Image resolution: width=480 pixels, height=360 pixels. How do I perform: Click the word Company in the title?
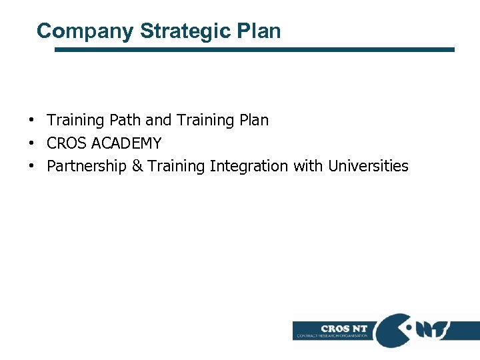[x=85, y=31]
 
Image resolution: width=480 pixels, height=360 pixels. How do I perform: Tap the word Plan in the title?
[x=260, y=31]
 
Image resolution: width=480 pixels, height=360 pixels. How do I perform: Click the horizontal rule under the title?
[x=254, y=49]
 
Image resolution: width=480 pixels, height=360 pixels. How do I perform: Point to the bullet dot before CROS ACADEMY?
[x=32, y=143]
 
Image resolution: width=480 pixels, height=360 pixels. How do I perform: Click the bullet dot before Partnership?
[x=32, y=166]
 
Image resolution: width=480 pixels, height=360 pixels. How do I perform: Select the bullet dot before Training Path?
[x=32, y=121]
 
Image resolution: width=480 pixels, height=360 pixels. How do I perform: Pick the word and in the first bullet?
[x=158, y=121]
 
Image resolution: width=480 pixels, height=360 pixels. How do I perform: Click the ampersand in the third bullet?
[x=137, y=166]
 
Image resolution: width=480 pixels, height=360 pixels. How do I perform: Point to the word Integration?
[x=250, y=166]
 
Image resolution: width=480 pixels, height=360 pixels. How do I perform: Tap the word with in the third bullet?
[x=307, y=166]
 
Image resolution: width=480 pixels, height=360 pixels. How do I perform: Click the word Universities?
[x=368, y=166]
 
